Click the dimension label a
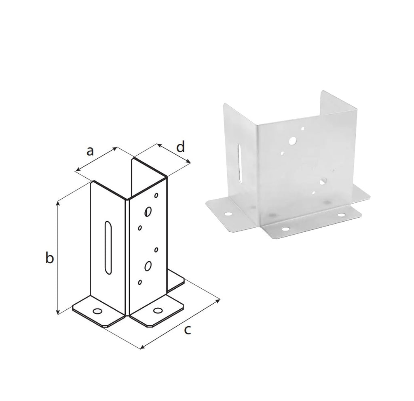(90, 151)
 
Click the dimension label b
(49, 258)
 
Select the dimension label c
(187, 330)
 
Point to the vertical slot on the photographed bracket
(240, 163)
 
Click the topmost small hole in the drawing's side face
(156, 195)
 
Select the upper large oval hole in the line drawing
(148, 212)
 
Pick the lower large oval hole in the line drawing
(148, 266)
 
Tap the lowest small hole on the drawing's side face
(139, 282)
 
